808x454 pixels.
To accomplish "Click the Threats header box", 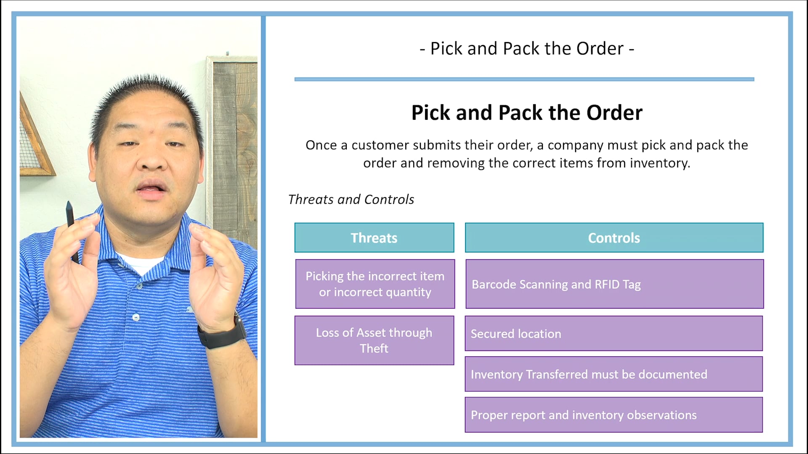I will pos(374,238).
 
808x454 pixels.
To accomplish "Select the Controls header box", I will pos(614,238).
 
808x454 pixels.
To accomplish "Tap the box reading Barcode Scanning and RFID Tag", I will pos(614,284).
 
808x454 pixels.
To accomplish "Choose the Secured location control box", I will pos(614,333).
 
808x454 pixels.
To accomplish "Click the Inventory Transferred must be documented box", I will pos(614,374).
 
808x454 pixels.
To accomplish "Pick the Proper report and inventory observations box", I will pos(614,415).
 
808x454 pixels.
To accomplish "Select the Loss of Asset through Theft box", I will pos(374,340).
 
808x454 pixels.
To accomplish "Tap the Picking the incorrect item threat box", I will pos(375,284).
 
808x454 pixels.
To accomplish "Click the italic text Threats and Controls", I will pos(351,199).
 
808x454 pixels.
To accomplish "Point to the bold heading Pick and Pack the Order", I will pos(526,113).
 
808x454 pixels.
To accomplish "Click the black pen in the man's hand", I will pos(71,223).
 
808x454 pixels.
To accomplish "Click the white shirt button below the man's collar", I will pos(136,317).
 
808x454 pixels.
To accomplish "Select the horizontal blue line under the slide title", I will pos(524,79).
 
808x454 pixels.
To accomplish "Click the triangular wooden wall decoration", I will pos(34,143).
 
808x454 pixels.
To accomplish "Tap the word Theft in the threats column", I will pos(374,348).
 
